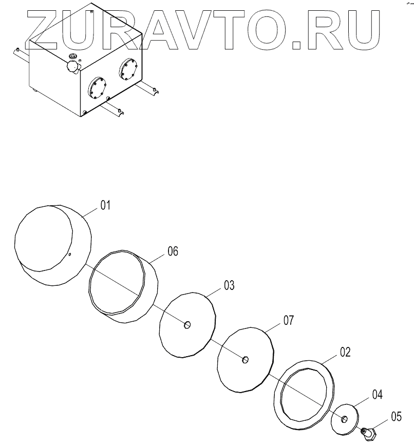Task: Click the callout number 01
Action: (105, 206)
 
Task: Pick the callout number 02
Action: (345, 353)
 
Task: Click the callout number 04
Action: (378, 394)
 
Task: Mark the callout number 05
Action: (396, 416)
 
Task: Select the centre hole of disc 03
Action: (188, 324)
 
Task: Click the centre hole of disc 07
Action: (246, 359)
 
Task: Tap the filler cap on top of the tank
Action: (73, 65)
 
